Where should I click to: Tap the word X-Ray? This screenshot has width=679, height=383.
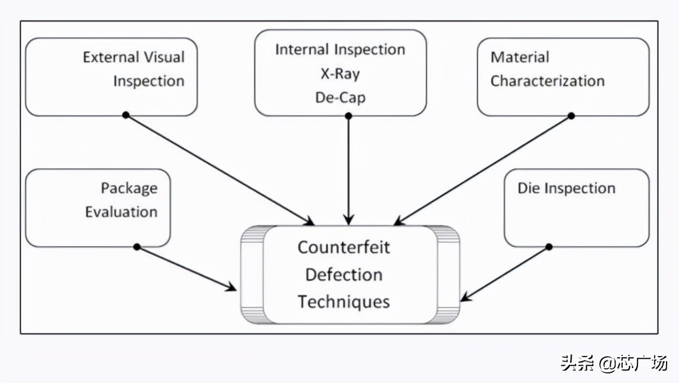tap(340, 73)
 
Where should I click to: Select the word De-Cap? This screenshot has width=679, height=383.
tap(340, 97)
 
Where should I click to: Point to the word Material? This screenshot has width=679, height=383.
tap(520, 57)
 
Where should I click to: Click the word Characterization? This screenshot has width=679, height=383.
tap(547, 81)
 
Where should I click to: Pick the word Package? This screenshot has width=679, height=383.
tap(129, 188)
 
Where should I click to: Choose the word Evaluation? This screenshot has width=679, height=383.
tap(121, 212)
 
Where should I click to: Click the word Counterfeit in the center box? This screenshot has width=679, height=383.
tap(343, 247)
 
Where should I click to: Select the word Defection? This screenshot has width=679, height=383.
tap(343, 274)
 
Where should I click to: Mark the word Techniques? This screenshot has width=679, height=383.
tap(343, 301)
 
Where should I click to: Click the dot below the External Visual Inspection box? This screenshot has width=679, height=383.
tap(126, 115)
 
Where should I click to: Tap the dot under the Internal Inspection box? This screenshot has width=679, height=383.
tap(349, 115)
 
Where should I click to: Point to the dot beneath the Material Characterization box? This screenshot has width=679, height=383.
tap(571, 115)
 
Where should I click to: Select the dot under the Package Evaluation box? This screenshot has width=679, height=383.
tap(137, 247)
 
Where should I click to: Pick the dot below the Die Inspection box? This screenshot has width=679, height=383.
tap(549, 247)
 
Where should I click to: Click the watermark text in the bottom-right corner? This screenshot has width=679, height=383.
tap(614, 363)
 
